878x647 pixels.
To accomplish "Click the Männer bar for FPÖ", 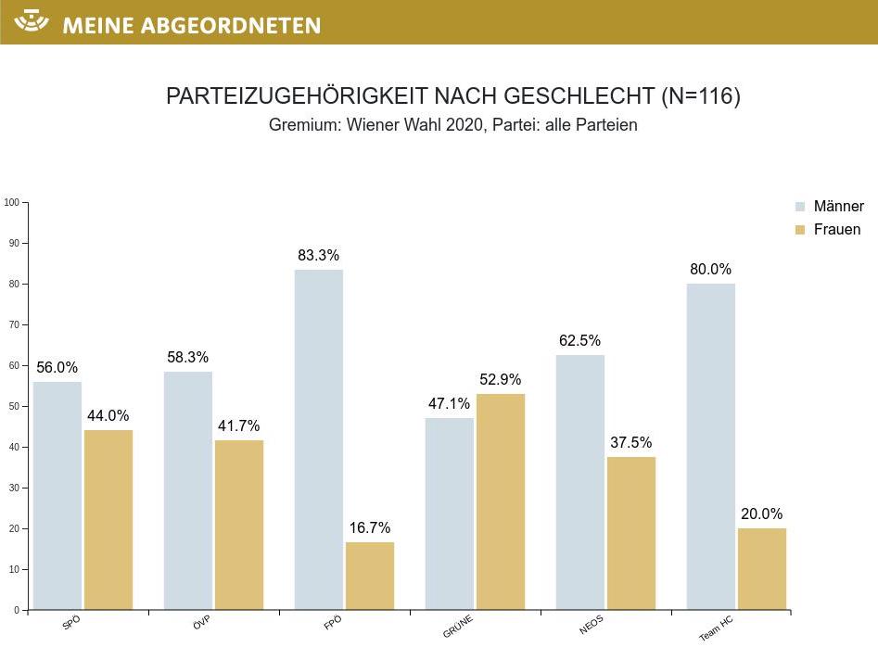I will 319,439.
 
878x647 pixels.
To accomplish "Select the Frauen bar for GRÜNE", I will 501,501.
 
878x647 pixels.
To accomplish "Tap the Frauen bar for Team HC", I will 762,568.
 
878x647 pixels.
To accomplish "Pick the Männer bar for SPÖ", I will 57,495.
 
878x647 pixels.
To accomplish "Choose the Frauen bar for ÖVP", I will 239,525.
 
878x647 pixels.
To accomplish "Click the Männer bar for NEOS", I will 580,482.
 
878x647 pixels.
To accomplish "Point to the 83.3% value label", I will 319,255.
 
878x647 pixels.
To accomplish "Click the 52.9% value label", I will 501,379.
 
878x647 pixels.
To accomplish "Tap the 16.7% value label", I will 371,528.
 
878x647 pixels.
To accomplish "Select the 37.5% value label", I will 631,442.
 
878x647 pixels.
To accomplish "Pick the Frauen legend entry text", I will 837,230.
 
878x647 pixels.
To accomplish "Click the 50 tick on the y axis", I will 13,406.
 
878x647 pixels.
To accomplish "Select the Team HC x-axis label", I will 716,629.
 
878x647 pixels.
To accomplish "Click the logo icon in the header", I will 32,21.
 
